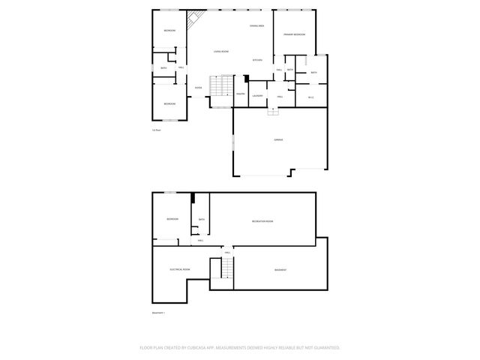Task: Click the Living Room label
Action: click(220, 51)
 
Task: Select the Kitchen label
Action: click(256, 60)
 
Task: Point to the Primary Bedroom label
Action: click(293, 34)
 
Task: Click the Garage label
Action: click(277, 139)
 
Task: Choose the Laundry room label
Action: click(257, 95)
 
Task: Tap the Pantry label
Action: click(241, 94)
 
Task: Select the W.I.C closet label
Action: click(311, 97)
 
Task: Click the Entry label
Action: click(198, 88)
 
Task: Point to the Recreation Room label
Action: click(262, 221)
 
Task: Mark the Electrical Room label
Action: click(179, 269)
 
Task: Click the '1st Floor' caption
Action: click(157, 130)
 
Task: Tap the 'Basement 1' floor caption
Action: click(158, 313)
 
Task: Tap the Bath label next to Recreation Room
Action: click(201, 220)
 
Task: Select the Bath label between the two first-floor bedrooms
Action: click(163, 68)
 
